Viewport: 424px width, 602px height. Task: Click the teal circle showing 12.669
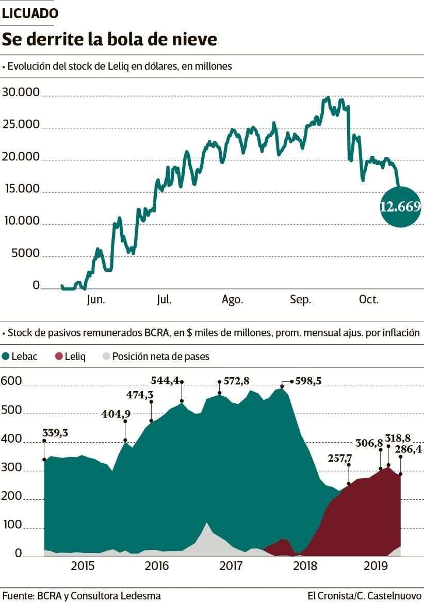(400, 207)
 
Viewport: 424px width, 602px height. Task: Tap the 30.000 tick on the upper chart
(22, 93)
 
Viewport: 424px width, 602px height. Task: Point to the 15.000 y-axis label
(22, 189)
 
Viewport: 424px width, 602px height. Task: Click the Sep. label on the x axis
(300, 300)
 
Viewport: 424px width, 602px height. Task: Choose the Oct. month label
(369, 300)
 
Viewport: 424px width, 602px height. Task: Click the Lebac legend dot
(6, 356)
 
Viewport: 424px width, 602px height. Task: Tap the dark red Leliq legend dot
(59, 356)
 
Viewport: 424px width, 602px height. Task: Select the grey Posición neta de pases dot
(106, 356)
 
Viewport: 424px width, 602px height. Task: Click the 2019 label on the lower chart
(376, 566)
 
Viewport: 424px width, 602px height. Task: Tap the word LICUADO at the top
(30, 14)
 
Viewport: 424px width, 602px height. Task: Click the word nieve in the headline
(194, 40)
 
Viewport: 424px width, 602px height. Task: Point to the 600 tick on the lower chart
(11, 382)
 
